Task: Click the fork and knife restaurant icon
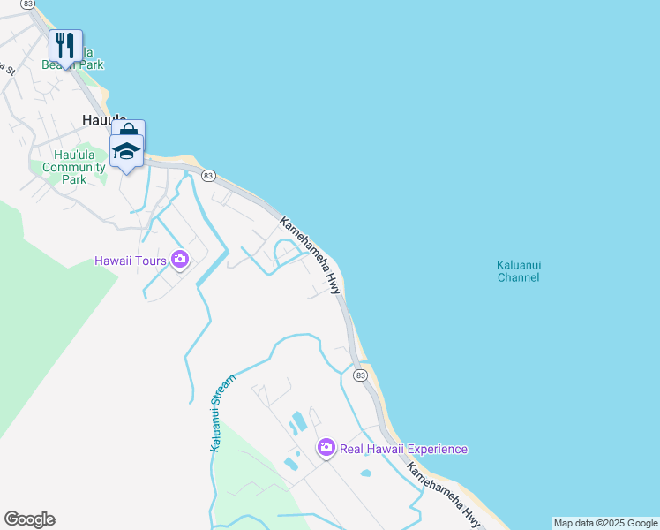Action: tap(65, 45)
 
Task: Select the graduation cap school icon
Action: tap(126, 151)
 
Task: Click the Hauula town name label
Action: tap(99, 120)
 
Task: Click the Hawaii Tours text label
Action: tap(131, 261)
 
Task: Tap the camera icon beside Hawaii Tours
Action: tap(180, 260)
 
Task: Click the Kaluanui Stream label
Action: tap(223, 413)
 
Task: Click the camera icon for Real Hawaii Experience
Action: tap(326, 449)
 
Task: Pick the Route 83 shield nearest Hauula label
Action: tap(208, 176)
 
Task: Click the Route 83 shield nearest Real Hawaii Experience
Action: tap(360, 375)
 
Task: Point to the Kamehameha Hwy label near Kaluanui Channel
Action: tap(311, 254)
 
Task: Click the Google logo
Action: tap(29, 519)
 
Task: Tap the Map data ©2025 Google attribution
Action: tap(605, 523)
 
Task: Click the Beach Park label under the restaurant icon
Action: tap(72, 64)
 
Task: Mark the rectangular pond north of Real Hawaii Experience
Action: tap(298, 421)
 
